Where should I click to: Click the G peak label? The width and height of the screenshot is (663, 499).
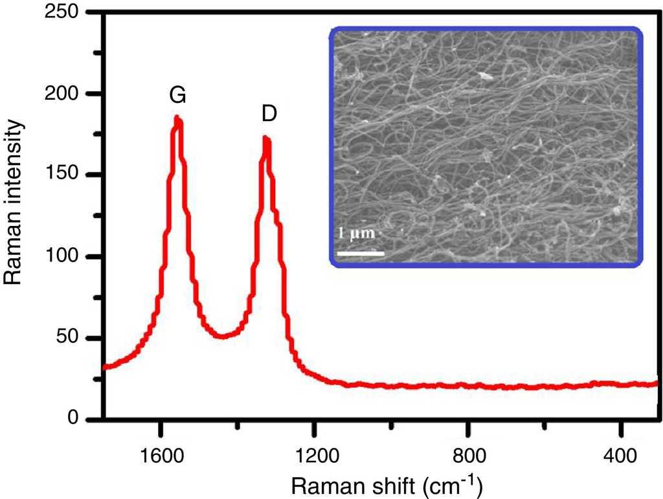pyautogui.click(x=178, y=95)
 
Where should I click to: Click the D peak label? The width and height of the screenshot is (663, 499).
pyautogui.click(x=269, y=114)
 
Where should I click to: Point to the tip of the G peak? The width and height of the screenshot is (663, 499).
pyautogui.click(x=177, y=118)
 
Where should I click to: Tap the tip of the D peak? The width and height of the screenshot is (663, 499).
pyautogui.click(x=265, y=137)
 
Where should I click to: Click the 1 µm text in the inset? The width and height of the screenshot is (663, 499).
pyautogui.click(x=357, y=233)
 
